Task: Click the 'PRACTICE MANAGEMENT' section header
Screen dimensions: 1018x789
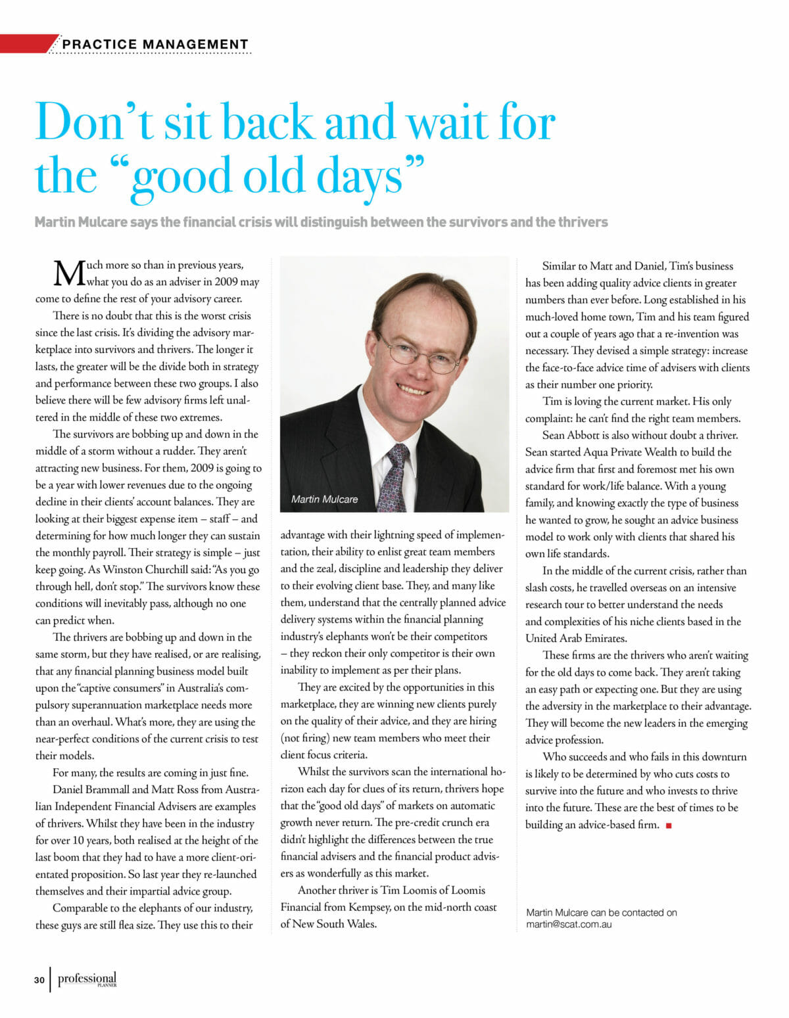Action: click(x=155, y=45)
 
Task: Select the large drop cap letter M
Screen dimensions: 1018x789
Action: click(x=68, y=273)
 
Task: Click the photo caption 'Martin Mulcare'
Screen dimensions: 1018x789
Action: click(x=324, y=499)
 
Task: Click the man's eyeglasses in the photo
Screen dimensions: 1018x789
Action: click(x=409, y=352)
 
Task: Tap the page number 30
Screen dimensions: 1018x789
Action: click(x=39, y=981)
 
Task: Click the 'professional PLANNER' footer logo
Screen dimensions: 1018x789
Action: click(x=87, y=980)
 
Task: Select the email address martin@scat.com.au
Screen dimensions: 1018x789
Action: click(x=569, y=924)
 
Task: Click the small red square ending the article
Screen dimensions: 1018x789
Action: click(x=669, y=825)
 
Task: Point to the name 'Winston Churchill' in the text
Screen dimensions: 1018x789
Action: click(x=145, y=570)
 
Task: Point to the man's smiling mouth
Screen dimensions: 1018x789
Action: click(x=413, y=388)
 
